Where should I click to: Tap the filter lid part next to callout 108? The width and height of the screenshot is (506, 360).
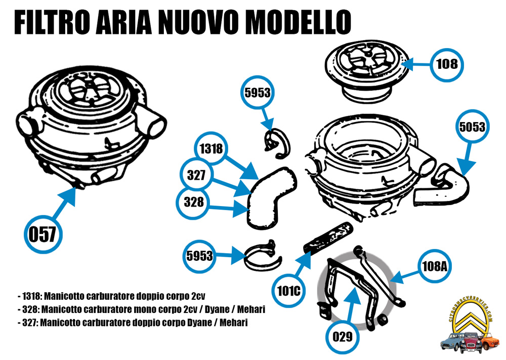(x=367, y=71)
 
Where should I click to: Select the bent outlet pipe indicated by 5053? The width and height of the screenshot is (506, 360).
(x=445, y=185)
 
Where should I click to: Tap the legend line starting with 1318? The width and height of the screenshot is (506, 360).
(x=114, y=295)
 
